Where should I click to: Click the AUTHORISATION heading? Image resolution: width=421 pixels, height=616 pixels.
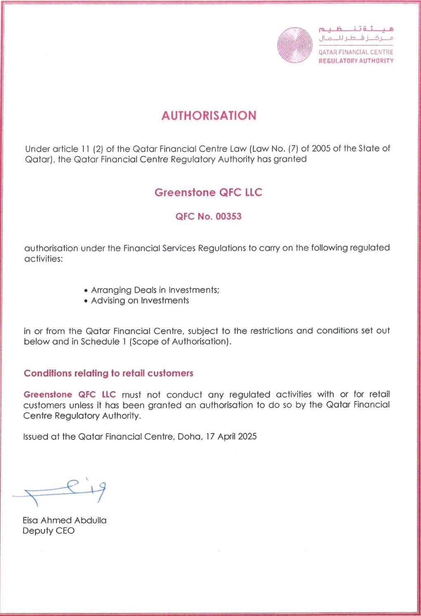(208, 115)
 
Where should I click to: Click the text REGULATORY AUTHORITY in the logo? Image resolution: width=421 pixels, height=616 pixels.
(355, 61)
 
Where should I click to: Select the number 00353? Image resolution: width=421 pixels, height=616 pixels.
(228, 216)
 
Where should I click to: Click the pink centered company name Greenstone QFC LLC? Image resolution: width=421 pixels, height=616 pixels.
(208, 192)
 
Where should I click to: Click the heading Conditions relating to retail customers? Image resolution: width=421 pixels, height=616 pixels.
(109, 373)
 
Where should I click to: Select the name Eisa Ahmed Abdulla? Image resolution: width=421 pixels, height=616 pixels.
(64, 520)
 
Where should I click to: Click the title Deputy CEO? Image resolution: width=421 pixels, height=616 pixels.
(49, 531)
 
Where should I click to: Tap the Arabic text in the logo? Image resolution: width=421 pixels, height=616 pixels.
(356, 33)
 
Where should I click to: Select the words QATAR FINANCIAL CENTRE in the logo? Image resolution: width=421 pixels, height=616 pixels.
(355, 53)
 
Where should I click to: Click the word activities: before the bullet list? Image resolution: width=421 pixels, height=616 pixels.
(43, 259)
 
